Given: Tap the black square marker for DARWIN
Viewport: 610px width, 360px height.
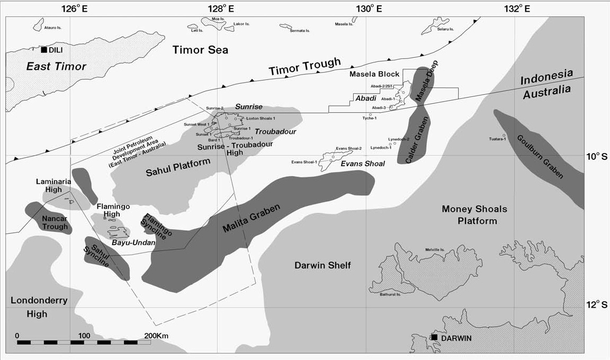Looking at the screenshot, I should point(434,337).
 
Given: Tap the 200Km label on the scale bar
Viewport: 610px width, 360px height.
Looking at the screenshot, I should point(156,336).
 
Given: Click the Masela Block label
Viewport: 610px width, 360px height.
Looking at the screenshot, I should point(374,74).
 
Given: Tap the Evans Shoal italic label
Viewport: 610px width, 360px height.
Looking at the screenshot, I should point(362,164).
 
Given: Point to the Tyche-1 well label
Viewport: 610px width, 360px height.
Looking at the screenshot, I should point(369,118).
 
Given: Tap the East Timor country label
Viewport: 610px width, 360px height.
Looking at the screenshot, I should point(56,67).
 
